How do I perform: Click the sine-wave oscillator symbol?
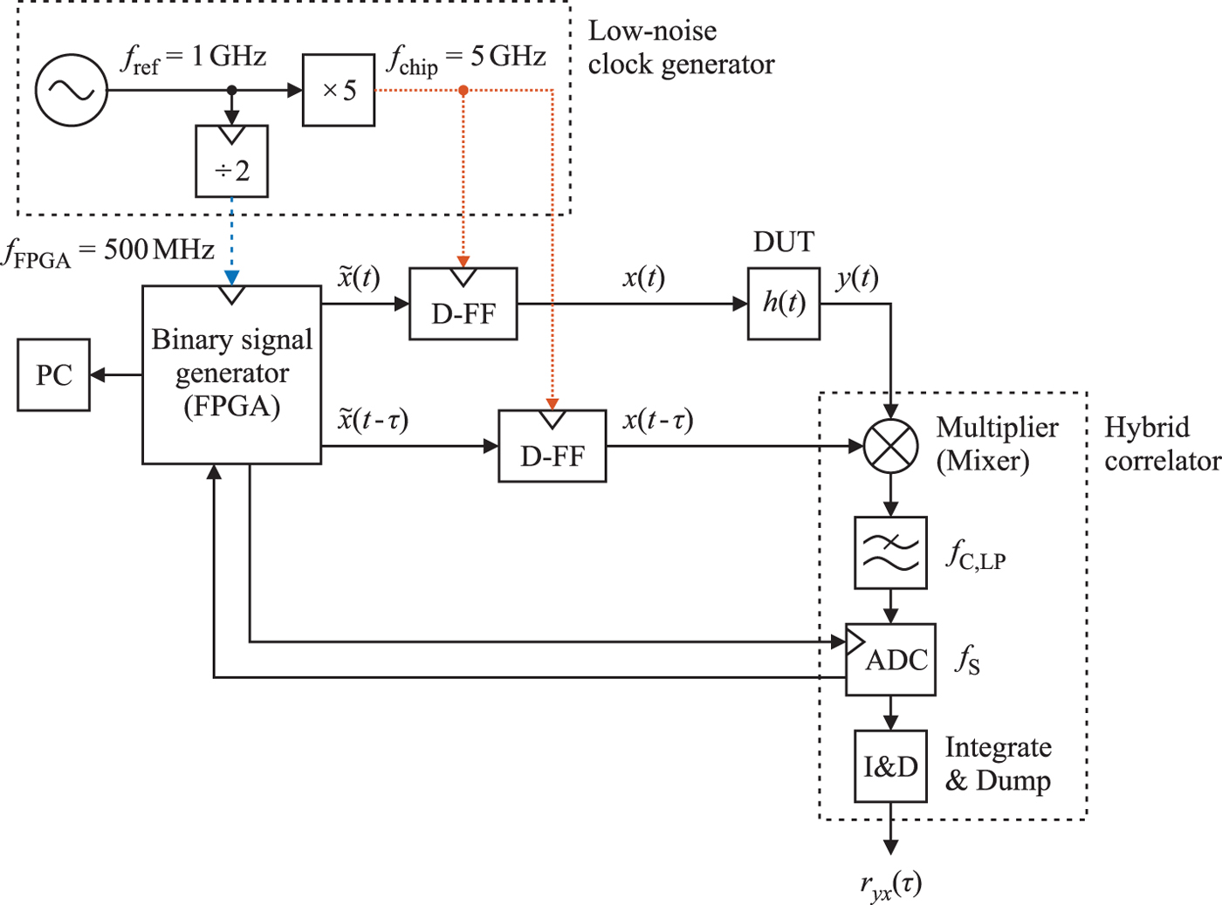[x=72, y=90]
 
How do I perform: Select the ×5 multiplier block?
[x=339, y=90]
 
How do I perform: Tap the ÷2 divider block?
[x=231, y=161]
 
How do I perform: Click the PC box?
[x=53, y=375]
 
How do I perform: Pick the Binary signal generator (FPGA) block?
[x=231, y=374]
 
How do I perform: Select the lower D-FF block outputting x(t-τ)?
[x=552, y=446]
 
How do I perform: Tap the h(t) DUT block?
[x=784, y=304]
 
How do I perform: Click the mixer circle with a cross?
[x=890, y=446]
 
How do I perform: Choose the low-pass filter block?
[x=890, y=552]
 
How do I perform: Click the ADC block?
[x=890, y=660]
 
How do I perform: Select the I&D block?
[x=890, y=766]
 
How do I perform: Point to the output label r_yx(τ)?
[x=890, y=885]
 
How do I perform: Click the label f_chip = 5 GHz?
[x=467, y=58]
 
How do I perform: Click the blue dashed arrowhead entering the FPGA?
[x=231, y=278]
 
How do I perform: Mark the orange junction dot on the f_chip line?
[x=463, y=90]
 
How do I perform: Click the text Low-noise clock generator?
[x=680, y=47]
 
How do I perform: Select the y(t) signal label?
[x=857, y=278]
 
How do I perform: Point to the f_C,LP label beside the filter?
[x=976, y=555]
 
